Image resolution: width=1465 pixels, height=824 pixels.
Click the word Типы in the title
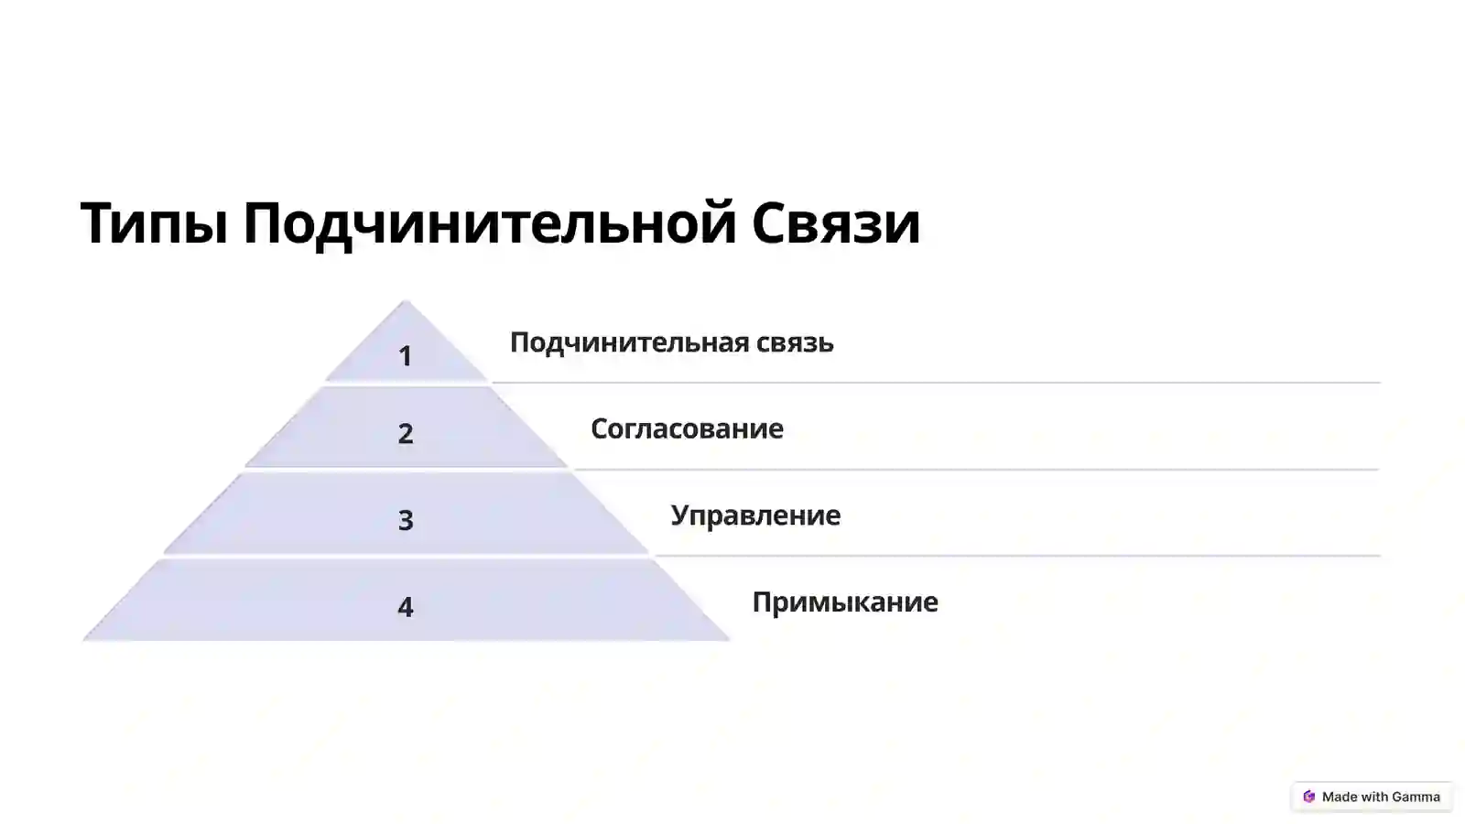(x=154, y=224)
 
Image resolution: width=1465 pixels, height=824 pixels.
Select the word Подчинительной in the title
(x=490, y=224)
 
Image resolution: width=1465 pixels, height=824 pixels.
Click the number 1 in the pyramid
(x=406, y=356)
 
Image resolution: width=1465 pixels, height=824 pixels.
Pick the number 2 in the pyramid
(x=406, y=433)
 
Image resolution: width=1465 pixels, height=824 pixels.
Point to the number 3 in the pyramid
(x=406, y=520)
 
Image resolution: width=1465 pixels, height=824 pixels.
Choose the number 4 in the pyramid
(x=406, y=606)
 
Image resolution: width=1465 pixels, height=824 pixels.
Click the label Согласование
(x=687, y=428)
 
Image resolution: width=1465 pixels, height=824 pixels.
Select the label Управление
(x=755, y=515)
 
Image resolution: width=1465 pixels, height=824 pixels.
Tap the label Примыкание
(x=845, y=602)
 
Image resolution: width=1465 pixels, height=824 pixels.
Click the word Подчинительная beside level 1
(x=629, y=342)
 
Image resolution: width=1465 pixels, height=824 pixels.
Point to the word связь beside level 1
(x=795, y=342)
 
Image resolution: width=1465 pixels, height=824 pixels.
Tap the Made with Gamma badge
(x=1372, y=797)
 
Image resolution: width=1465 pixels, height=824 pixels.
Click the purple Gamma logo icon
(x=1309, y=797)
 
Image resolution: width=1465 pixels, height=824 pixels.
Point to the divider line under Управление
(x=1016, y=556)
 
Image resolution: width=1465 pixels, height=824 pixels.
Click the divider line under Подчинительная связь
(x=934, y=383)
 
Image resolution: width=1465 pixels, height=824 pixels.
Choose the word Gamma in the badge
(x=1416, y=797)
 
